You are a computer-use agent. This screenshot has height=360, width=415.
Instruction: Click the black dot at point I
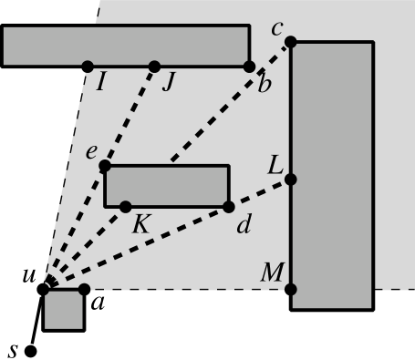tap(88, 67)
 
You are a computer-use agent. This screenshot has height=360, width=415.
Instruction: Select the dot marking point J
tap(154, 67)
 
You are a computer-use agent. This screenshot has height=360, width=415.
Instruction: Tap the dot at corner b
tap(249, 67)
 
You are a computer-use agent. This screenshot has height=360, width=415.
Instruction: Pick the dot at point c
tap(291, 42)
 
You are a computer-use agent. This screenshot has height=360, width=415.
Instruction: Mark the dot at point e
tap(105, 166)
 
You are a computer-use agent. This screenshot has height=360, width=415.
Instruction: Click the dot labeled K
tap(126, 207)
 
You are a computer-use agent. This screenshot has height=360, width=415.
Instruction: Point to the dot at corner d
tap(228, 207)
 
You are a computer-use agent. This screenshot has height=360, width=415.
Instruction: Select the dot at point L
tap(291, 180)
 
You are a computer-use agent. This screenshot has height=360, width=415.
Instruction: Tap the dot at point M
tap(291, 289)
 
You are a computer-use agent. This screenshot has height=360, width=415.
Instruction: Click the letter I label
tap(101, 84)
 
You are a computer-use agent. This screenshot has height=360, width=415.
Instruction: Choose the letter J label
tap(168, 84)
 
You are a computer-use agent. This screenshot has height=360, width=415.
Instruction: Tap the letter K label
tap(140, 224)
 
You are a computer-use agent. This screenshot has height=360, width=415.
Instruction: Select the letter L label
tap(275, 166)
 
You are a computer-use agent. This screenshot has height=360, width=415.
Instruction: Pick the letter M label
tap(273, 273)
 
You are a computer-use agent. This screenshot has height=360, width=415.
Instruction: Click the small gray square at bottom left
tap(64, 310)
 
